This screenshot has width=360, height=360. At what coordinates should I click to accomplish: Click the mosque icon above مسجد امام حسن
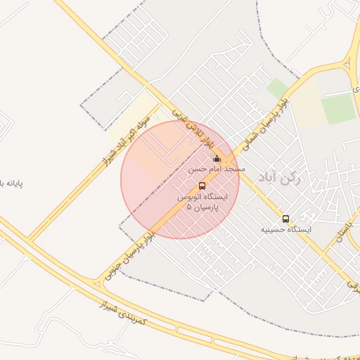[x=217, y=158]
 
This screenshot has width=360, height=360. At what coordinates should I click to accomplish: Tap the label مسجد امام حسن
[x=217, y=169]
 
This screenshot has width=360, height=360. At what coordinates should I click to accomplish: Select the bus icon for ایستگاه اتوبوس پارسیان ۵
[x=202, y=186]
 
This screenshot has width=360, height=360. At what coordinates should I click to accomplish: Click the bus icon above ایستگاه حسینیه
[x=285, y=219]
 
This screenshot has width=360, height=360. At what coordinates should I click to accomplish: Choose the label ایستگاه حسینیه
[x=286, y=229]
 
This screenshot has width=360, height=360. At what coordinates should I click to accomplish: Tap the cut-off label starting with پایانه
[x=11, y=184]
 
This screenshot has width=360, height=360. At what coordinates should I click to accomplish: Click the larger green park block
[x=338, y=108]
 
